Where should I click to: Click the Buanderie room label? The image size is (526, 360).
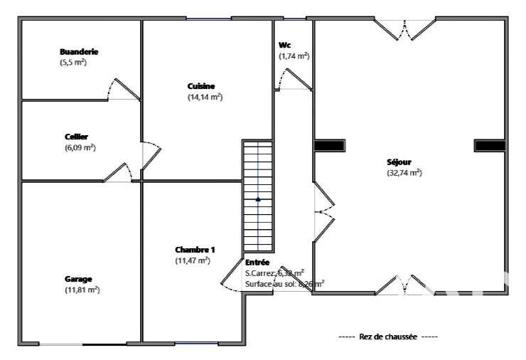pyautogui.click(x=79, y=52)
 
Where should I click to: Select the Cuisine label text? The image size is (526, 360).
pyautogui.click(x=200, y=86)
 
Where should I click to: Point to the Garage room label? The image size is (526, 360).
pyautogui.click(x=79, y=279)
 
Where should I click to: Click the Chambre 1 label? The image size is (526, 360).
pyautogui.click(x=195, y=250)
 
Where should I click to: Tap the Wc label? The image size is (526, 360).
pyautogui.click(x=284, y=44)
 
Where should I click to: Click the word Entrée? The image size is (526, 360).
pyautogui.click(x=257, y=262)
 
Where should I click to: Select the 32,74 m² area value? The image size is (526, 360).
pyautogui.click(x=404, y=173)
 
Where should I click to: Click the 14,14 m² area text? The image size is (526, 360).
pyautogui.click(x=205, y=97)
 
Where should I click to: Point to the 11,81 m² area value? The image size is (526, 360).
pyautogui.click(x=82, y=290)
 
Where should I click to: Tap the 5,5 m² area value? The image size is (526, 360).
pyautogui.click(x=73, y=63)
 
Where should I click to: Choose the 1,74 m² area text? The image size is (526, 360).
pyautogui.click(x=294, y=55)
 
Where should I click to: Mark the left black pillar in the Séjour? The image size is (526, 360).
pyautogui.click(x=330, y=145)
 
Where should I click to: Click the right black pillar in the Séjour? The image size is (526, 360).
pyautogui.click(x=490, y=145)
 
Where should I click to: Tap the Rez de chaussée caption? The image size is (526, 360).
pyautogui.click(x=387, y=336)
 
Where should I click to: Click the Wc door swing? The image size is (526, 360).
pyautogui.click(x=294, y=79)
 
